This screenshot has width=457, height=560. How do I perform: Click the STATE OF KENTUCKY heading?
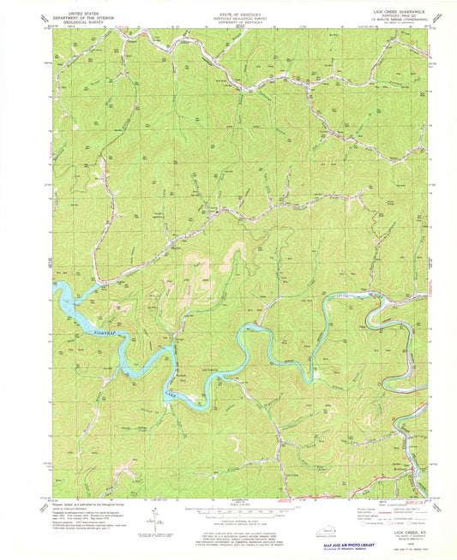pyautogui.click(x=228, y=7)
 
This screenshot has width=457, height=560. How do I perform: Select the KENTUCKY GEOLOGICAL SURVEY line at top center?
pyautogui.click(x=228, y=11)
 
